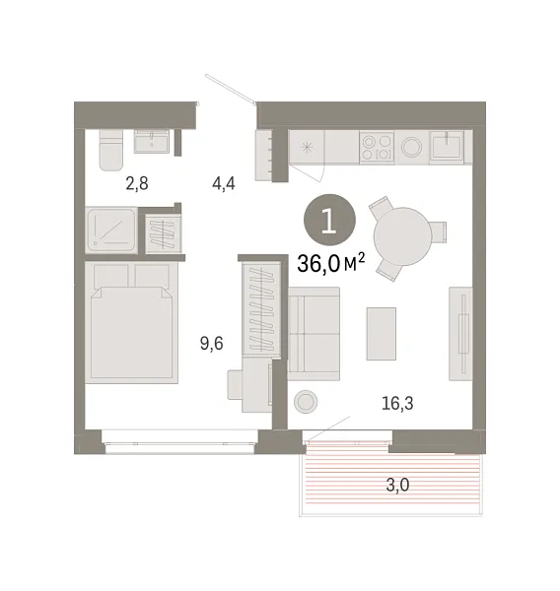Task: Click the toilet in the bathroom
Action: tap(111, 150)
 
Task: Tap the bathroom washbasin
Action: tap(153, 140)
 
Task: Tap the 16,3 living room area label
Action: tap(396, 401)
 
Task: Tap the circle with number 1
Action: tap(327, 219)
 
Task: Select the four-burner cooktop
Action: tap(377, 148)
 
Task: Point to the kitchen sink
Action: tap(451, 147)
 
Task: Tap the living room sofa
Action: tap(313, 330)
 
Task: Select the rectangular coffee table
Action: tap(381, 333)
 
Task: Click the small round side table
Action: tap(308, 400)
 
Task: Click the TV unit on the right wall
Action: tap(459, 333)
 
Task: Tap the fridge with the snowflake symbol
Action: tap(306, 148)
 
